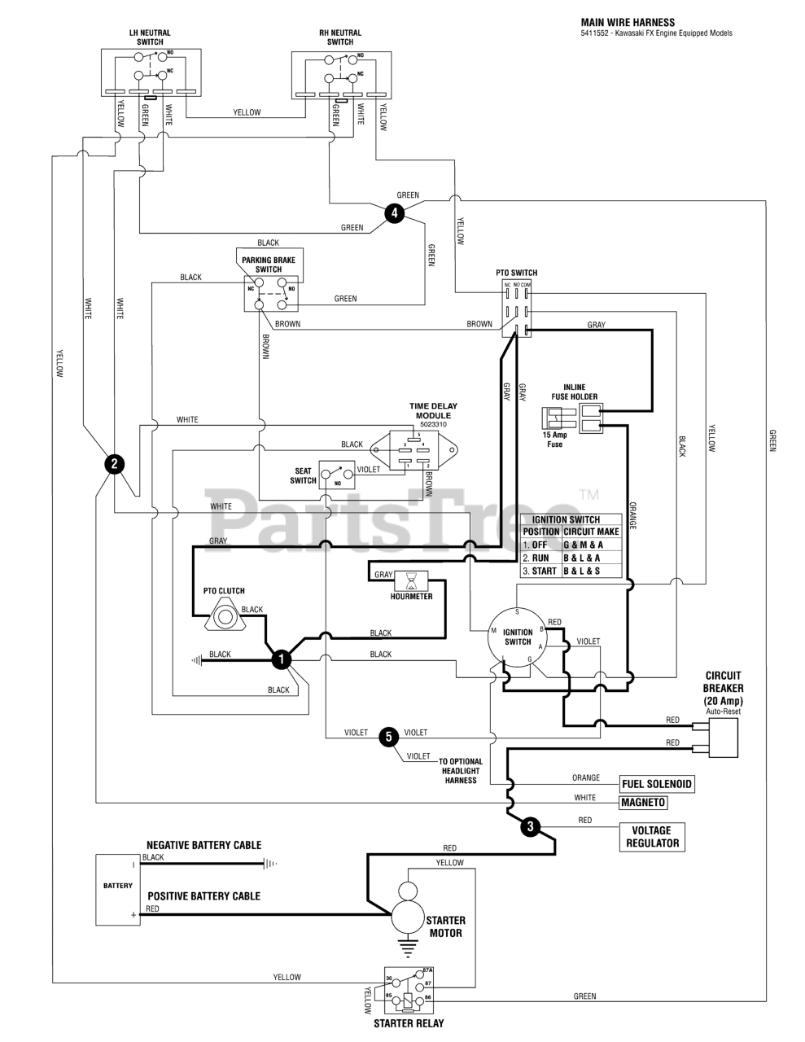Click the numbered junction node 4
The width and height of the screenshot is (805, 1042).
click(x=394, y=213)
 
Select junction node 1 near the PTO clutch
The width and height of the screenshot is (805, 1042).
click(x=281, y=659)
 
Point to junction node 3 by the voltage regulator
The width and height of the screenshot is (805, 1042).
click(x=530, y=827)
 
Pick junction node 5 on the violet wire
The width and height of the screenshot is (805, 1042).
click(x=389, y=737)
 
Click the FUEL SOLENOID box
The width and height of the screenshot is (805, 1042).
click(x=657, y=784)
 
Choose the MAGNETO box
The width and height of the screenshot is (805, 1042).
click(x=643, y=803)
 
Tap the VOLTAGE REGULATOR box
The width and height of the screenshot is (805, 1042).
click(x=652, y=837)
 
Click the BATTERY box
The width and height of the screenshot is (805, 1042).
click(x=118, y=889)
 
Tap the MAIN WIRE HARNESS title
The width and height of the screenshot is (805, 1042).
click(x=628, y=23)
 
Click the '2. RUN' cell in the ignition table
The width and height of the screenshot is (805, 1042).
click(x=540, y=558)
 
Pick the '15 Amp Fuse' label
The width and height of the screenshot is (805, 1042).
click(x=553, y=440)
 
